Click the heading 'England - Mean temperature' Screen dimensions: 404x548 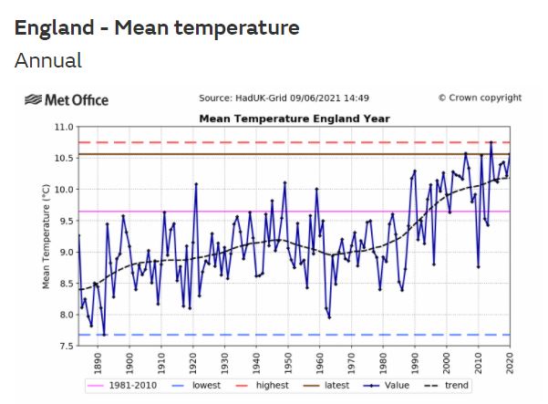click(157, 28)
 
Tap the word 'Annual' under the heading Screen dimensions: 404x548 click(48, 61)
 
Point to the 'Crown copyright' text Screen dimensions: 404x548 click(480, 98)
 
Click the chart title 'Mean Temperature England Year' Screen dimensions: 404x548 click(295, 119)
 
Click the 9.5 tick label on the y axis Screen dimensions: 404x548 click(64, 221)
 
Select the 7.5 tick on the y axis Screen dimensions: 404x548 click(64, 347)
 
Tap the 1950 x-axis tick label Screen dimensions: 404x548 click(287, 362)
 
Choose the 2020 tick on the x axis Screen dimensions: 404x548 click(508, 362)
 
